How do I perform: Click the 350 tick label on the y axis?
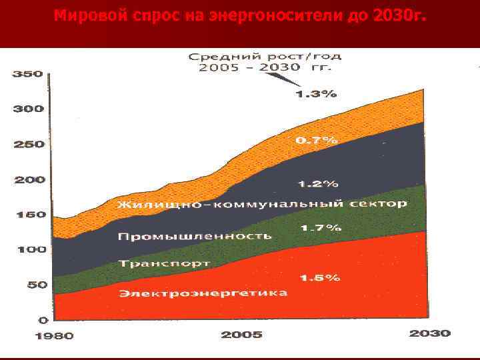point(27,75)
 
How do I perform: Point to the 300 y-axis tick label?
point(27,109)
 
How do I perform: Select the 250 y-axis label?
point(27,145)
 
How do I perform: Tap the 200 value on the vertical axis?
point(27,180)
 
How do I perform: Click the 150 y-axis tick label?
point(27,215)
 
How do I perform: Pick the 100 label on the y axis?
point(27,250)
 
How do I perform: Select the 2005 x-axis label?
point(241,335)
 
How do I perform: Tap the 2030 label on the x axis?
point(429,333)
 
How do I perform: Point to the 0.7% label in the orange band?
point(316,141)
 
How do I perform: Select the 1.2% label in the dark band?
point(318,183)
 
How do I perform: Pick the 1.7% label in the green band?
point(321,228)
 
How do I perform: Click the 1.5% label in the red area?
point(319,277)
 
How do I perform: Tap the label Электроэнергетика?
point(203,293)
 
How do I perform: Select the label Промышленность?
point(195,236)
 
